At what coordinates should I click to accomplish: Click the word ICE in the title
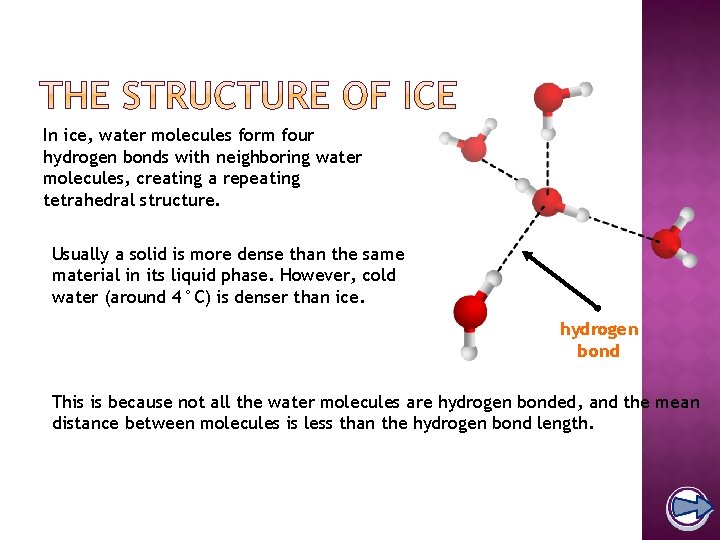point(419,96)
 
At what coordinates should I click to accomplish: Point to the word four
point(294,135)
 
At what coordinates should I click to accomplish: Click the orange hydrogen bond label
point(599,340)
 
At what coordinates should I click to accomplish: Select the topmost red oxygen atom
point(548,97)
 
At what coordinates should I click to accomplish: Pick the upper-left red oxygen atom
point(474,148)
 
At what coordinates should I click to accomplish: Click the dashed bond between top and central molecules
point(548,155)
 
